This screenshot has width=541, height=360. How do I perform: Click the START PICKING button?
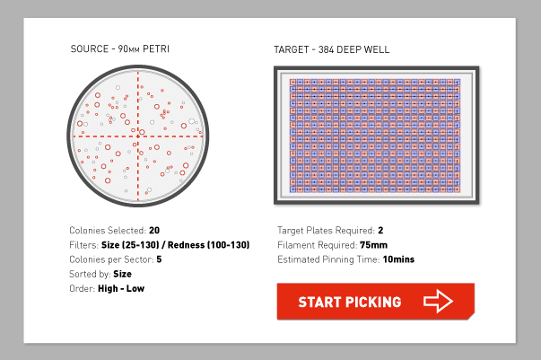pyautogui.click(x=375, y=302)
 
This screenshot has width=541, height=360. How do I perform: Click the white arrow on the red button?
pyautogui.click(x=438, y=301)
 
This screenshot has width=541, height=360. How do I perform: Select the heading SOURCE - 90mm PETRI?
pyautogui.click(x=119, y=49)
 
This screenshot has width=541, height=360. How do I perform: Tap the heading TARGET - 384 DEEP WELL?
pyautogui.click(x=332, y=49)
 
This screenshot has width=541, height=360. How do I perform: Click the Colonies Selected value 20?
pyautogui.click(x=154, y=230)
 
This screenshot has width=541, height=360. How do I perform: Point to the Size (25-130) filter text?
pyautogui.click(x=130, y=245)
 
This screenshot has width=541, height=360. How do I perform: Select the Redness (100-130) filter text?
pyautogui.click(x=208, y=245)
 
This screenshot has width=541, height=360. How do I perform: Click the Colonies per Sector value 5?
pyautogui.click(x=159, y=259)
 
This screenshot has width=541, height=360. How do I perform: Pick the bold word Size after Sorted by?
pyautogui.click(x=123, y=274)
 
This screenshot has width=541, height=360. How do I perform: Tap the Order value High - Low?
pyautogui.click(x=121, y=288)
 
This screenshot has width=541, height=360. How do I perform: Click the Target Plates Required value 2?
pyautogui.click(x=380, y=230)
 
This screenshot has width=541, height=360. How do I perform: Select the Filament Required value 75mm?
pyautogui.click(x=373, y=245)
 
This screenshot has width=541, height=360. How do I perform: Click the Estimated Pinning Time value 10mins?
pyautogui.click(x=398, y=259)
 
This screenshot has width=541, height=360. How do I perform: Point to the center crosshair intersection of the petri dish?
pyautogui.click(x=138, y=136)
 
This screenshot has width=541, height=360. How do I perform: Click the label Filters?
pyautogui.click(x=84, y=245)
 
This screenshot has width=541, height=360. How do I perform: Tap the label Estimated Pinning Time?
pyautogui.click(x=328, y=259)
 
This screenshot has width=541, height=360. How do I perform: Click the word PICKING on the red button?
pyautogui.click(x=373, y=302)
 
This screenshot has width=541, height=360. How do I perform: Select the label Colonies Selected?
pyautogui.click(x=108, y=230)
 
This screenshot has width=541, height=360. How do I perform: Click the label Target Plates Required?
pyautogui.click(x=326, y=230)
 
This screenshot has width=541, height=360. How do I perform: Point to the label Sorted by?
pyautogui.click(x=90, y=274)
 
